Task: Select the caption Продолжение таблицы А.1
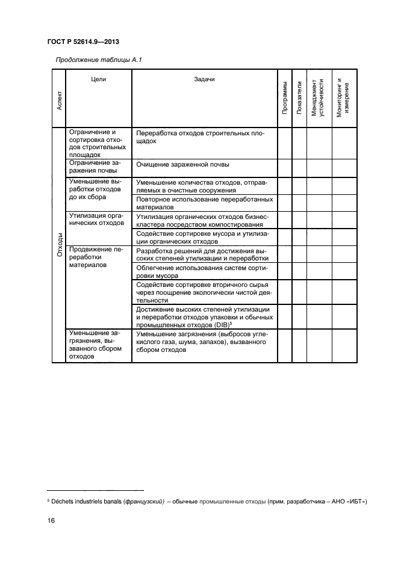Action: coord(98,59)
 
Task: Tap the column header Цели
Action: coord(99,80)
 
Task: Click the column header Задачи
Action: coord(204,80)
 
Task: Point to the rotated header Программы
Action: coord(285,97)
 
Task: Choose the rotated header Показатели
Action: coord(299,97)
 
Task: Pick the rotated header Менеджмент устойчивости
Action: coord(318,97)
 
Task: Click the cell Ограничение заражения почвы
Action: coord(95,167)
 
